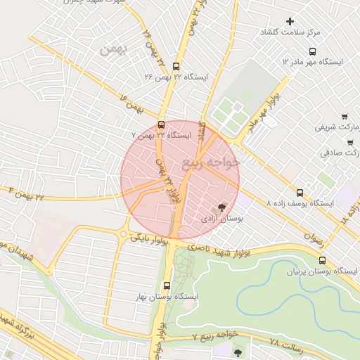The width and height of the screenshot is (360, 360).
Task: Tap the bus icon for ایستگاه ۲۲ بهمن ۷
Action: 161,125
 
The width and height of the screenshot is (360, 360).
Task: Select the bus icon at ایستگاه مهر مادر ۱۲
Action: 312,51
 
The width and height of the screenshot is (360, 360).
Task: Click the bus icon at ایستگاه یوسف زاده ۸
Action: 300,192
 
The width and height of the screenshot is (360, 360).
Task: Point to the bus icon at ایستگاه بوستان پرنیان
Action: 322,261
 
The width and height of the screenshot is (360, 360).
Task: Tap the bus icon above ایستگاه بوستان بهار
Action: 167,286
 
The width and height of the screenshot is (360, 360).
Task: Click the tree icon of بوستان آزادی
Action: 222,207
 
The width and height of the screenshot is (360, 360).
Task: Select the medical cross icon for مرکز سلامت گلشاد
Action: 290,22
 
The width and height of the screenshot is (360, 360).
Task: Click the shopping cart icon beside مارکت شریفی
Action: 344,117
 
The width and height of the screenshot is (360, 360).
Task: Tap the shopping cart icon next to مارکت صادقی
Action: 349,143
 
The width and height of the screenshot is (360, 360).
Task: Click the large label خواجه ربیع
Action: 210,164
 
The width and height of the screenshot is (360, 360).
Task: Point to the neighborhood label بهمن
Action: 112,49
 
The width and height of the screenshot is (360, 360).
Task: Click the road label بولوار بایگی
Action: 150,240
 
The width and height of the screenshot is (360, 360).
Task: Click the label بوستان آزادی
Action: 221,219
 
